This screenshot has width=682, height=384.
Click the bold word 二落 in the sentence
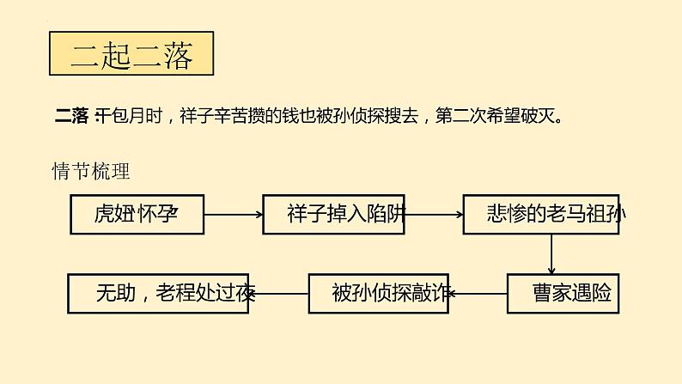coord(70,115)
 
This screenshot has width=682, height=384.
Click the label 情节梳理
coord(90,172)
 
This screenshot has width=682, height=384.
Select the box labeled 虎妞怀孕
coord(137,215)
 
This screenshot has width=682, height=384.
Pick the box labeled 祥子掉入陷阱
coord(333,215)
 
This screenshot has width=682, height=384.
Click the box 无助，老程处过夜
coord(158,294)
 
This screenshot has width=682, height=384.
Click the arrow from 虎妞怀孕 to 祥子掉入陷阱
coord(234,215)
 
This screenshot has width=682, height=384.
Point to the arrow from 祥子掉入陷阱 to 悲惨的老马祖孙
coord(434,215)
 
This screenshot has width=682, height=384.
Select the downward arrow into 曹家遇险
coord(551,254)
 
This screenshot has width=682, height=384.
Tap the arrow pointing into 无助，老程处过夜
coord(278,294)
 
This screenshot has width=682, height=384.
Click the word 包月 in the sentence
coord(120,115)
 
